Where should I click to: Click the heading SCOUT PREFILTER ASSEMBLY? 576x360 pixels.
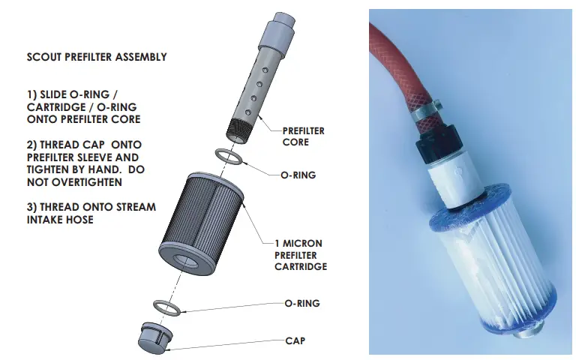(97, 57)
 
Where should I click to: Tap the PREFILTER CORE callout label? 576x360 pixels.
(303, 136)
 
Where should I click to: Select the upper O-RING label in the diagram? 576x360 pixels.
(298, 175)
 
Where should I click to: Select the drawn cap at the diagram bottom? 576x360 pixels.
(155, 337)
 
